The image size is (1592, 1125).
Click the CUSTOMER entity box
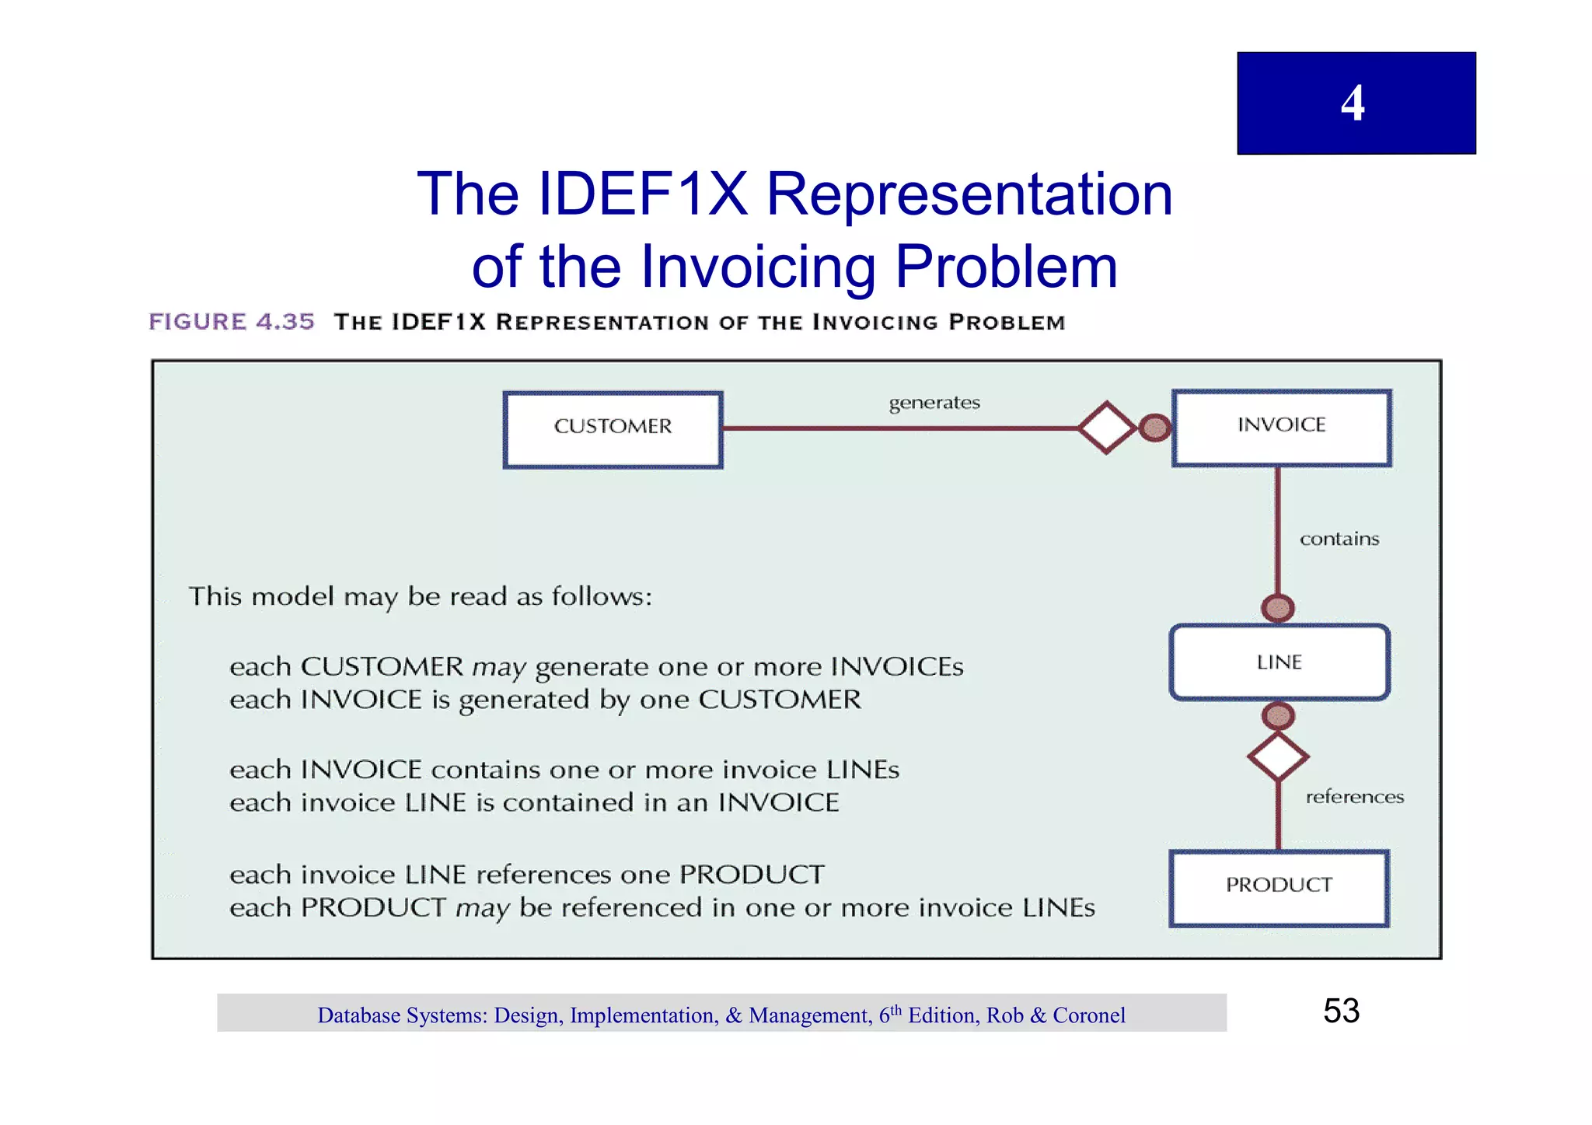(613, 429)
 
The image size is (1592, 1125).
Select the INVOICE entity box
(1281, 428)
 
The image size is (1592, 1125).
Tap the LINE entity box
(1279, 662)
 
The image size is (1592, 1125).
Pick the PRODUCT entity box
(1279, 888)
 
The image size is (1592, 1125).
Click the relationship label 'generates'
(934, 403)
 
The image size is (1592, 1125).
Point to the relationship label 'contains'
(1339, 539)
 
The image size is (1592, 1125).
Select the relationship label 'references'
(1354, 797)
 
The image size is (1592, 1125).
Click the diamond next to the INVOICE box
(1106, 428)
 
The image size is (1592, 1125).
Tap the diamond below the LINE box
(1278, 756)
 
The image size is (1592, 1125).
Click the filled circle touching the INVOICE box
(1155, 428)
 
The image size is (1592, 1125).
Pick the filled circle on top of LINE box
(1278, 608)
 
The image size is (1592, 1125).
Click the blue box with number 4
(1356, 103)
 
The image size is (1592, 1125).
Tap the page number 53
(1341, 1011)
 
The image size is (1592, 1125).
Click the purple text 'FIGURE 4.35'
(232, 322)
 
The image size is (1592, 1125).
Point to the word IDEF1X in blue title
(642, 194)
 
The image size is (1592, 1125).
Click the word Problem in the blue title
(1006, 267)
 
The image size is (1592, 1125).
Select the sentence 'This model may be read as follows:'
(420, 597)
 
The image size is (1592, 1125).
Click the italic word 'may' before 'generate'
(498, 668)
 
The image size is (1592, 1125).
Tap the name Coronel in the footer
(1088, 1015)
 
